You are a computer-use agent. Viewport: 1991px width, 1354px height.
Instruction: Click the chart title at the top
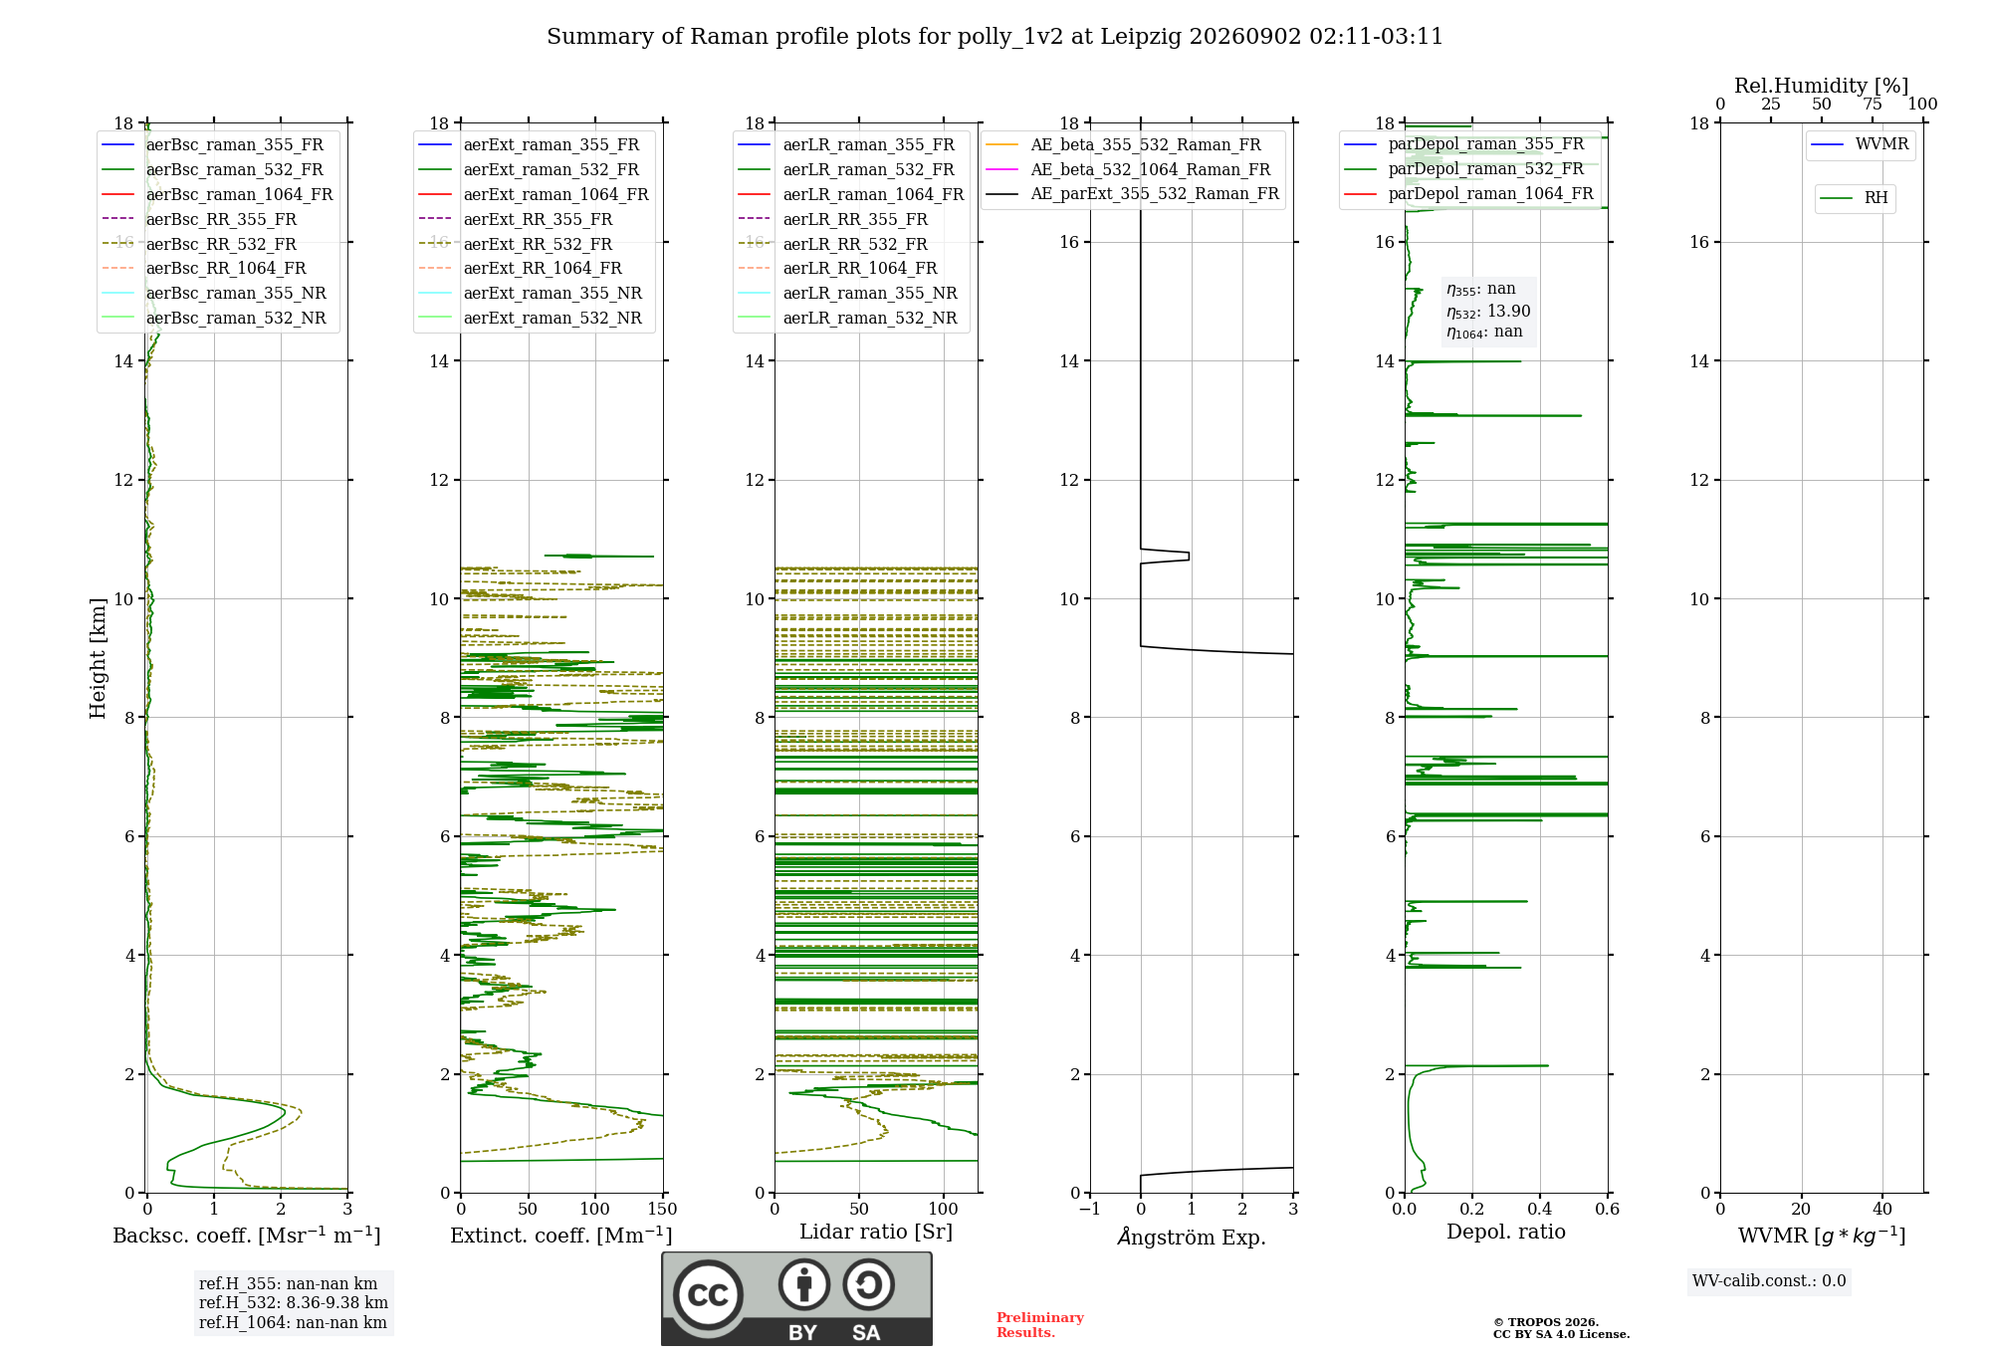click(x=995, y=37)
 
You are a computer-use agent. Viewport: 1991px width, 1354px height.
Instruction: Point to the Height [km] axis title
click(x=98, y=658)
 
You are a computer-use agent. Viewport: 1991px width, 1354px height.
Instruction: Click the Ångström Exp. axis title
click(x=1192, y=1237)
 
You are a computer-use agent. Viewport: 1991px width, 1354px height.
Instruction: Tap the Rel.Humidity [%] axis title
click(x=1821, y=86)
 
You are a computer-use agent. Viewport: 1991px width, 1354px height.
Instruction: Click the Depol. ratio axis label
click(x=1505, y=1232)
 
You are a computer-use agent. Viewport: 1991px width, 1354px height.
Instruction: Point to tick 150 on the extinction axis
click(x=662, y=1210)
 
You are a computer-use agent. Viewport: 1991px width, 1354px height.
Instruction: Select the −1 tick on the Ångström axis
click(x=1089, y=1210)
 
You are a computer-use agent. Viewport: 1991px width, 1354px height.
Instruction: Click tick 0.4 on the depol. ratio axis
click(x=1539, y=1210)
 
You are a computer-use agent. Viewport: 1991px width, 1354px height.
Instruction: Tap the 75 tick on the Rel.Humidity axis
click(x=1872, y=104)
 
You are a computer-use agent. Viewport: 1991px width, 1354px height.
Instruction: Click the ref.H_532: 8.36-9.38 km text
click(x=294, y=1303)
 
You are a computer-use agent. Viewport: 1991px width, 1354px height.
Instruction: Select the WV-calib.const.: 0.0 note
click(x=1769, y=1281)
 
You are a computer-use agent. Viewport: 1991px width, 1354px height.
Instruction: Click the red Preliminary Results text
click(x=1040, y=1325)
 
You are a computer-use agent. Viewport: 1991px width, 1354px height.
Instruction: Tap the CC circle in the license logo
click(x=708, y=1294)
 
